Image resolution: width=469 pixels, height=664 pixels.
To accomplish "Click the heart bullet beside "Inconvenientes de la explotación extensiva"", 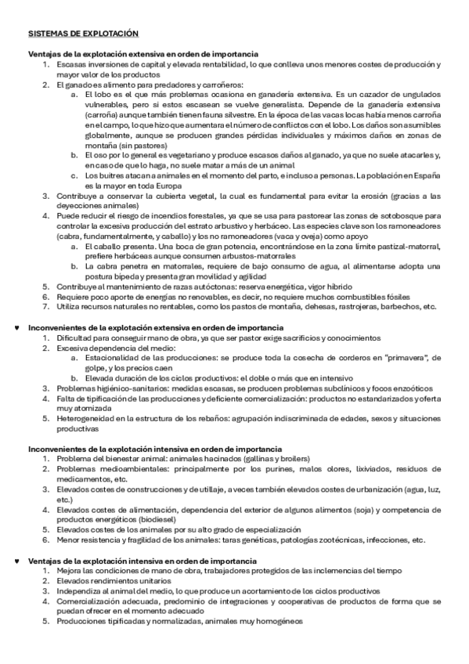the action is point(17,325).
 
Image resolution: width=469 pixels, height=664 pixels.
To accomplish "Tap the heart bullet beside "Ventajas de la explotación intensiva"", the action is point(17,561).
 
